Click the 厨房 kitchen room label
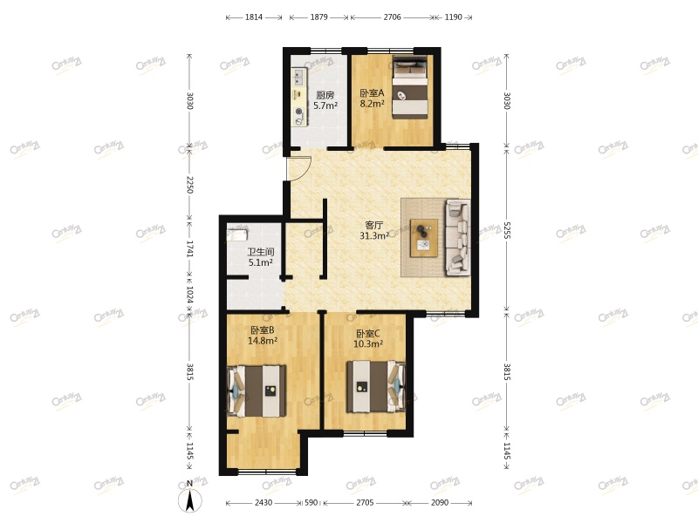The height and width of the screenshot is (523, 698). (x=325, y=95)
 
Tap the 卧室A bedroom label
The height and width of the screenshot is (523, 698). (x=372, y=92)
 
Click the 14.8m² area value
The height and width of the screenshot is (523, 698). (x=262, y=341)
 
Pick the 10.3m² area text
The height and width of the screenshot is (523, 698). (x=368, y=343)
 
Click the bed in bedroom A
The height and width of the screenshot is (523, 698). (x=409, y=87)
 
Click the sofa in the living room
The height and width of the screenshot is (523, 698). (x=457, y=237)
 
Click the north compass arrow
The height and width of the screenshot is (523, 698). (x=190, y=499)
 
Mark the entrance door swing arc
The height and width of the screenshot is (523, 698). (x=298, y=167)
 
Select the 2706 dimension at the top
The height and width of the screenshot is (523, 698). (x=392, y=17)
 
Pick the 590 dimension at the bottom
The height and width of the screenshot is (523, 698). (x=311, y=503)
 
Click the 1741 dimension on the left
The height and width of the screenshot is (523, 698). (x=189, y=248)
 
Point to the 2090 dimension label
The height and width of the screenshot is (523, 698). (x=440, y=503)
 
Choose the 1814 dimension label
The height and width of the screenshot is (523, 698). (x=255, y=17)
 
